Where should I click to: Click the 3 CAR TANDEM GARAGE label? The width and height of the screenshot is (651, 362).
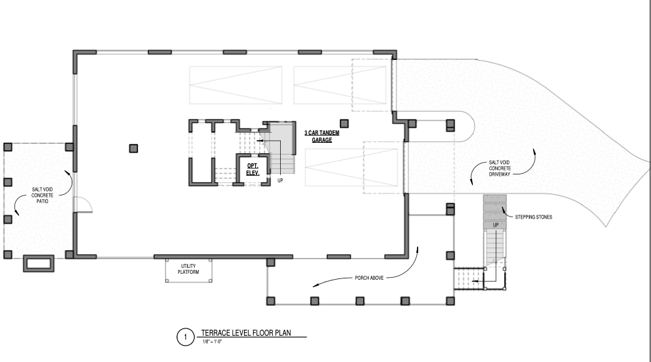[x=322, y=136]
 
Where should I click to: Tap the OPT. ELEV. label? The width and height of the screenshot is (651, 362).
[x=253, y=170]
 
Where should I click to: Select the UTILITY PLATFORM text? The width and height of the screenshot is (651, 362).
[x=189, y=269]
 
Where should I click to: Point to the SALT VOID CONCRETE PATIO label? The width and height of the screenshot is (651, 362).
[x=42, y=195]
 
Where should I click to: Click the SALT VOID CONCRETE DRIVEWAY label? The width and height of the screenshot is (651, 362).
[x=500, y=168]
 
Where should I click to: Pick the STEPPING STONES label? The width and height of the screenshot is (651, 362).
[x=533, y=217]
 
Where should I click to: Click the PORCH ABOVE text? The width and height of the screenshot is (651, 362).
[x=369, y=278]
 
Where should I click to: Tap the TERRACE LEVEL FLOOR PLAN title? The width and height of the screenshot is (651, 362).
[x=246, y=332]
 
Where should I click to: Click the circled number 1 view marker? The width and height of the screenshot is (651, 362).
[x=185, y=336]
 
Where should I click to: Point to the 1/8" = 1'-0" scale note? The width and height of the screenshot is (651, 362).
[x=212, y=342]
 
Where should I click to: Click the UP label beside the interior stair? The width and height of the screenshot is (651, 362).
[x=280, y=180]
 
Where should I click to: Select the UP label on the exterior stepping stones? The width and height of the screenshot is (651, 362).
[x=496, y=225]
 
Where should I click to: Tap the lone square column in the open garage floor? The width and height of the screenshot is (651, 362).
[x=133, y=148]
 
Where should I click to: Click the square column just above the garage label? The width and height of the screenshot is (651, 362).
[x=344, y=124]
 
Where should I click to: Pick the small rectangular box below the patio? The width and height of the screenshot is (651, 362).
[x=39, y=263]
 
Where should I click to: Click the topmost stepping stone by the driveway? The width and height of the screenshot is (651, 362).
[x=495, y=199]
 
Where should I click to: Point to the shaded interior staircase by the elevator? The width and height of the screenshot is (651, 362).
[x=280, y=148]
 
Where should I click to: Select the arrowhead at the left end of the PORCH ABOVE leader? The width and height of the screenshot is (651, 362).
[x=316, y=285]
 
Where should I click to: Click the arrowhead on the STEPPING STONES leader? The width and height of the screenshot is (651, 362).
[x=504, y=209]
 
